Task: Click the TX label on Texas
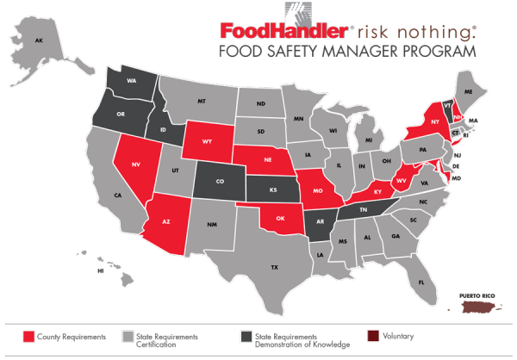[274, 268]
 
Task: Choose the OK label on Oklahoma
[282, 218]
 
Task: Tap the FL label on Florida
[422, 282]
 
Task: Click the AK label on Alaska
[38, 40]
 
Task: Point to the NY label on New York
[434, 122]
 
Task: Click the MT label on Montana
[202, 101]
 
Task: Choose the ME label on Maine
[470, 90]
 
